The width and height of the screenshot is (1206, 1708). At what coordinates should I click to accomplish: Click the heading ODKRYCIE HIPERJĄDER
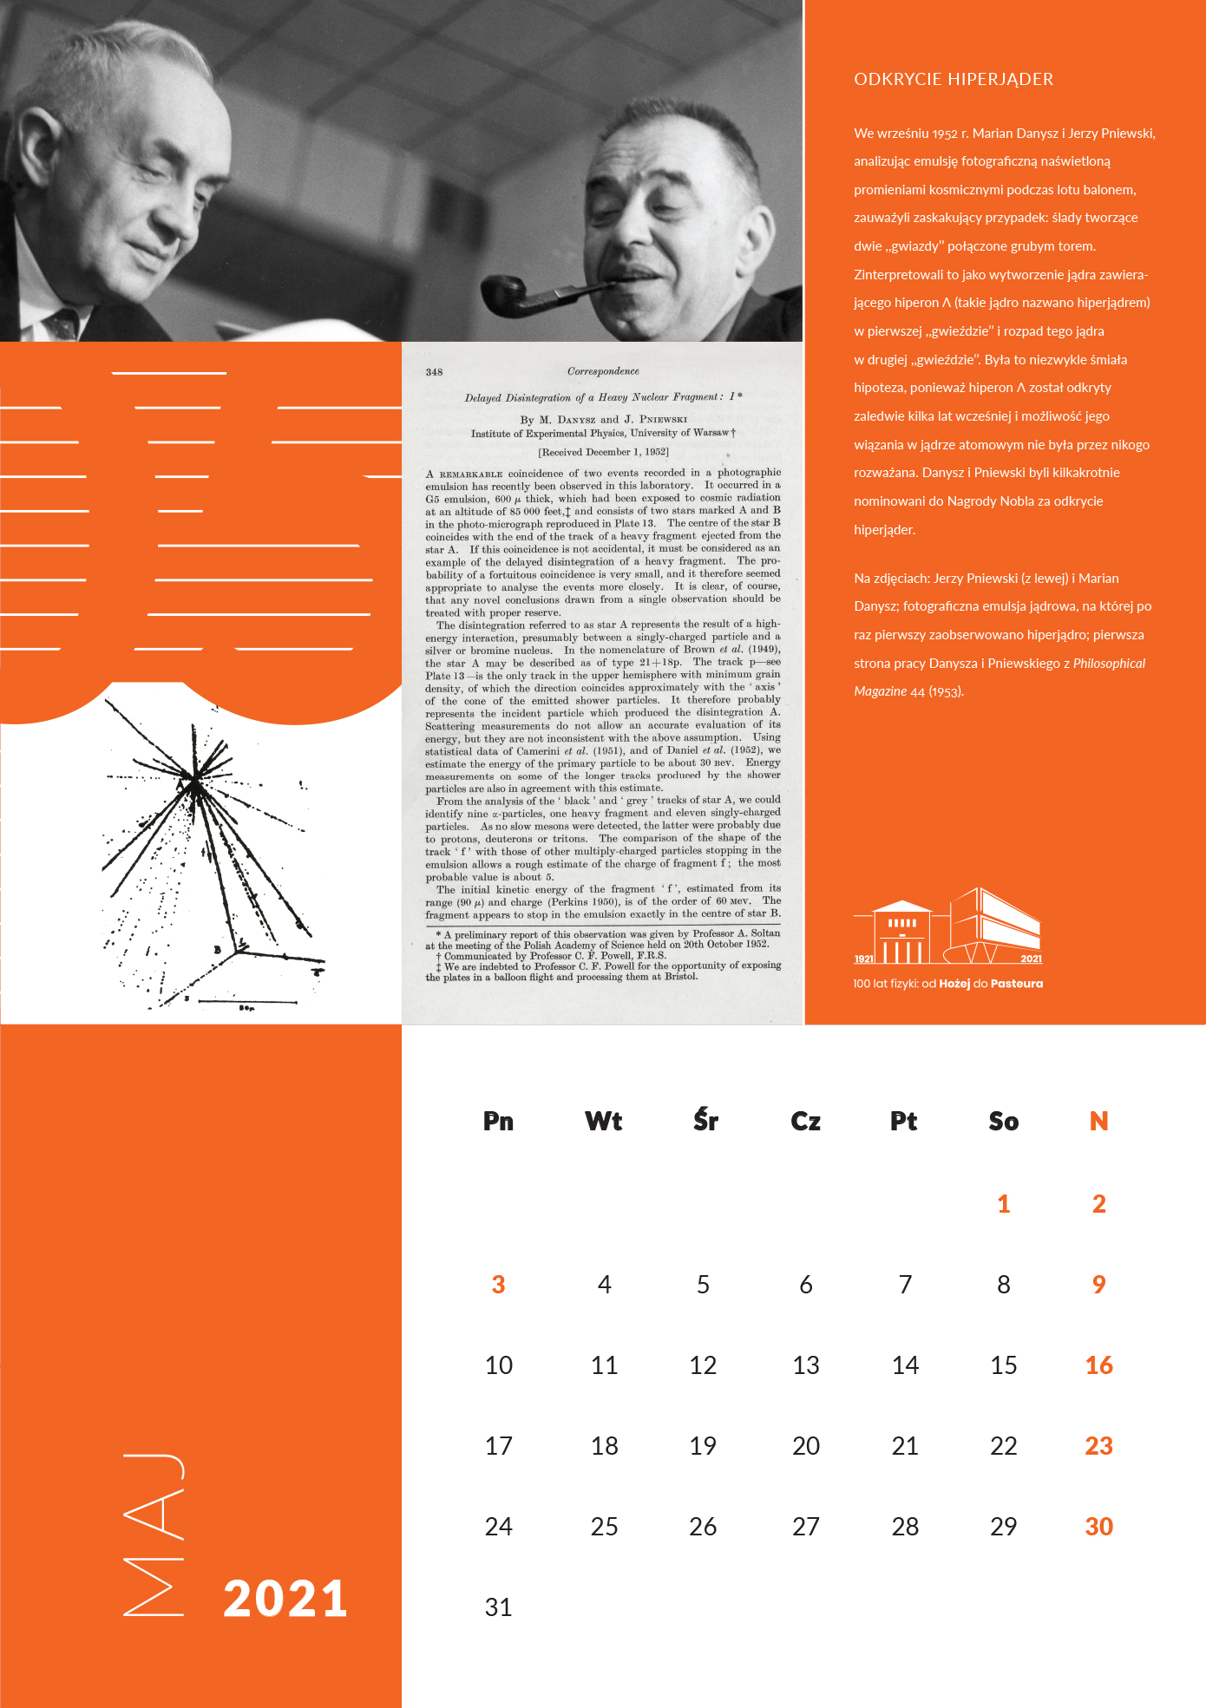click(953, 79)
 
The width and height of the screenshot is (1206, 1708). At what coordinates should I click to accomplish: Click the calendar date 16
click(1098, 1365)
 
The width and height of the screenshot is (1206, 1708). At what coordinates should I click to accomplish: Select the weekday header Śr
click(705, 1121)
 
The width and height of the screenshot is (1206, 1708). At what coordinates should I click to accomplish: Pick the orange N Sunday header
click(1098, 1121)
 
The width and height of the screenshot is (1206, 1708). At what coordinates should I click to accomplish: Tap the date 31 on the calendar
click(498, 1607)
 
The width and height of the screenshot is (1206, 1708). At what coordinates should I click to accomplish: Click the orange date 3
click(498, 1285)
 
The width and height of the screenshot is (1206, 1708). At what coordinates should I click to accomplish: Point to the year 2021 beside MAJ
click(285, 1599)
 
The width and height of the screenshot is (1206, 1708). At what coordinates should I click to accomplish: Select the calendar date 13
click(805, 1365)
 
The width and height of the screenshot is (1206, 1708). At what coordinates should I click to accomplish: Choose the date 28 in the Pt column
click(904, 1527)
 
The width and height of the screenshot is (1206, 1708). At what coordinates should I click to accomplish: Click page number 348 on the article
click(434, 372)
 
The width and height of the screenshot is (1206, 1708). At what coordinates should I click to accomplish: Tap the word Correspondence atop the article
click(603, 371)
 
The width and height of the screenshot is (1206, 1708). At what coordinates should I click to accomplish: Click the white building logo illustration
click(947, 927)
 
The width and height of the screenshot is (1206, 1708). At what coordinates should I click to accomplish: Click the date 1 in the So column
click(1003, 1204)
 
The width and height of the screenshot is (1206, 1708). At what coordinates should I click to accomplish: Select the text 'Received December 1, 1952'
click(603, 452)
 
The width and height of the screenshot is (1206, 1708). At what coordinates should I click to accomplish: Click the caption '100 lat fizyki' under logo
click(947, 984)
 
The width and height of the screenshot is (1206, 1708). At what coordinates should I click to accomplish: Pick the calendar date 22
click(1003, 1446)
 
